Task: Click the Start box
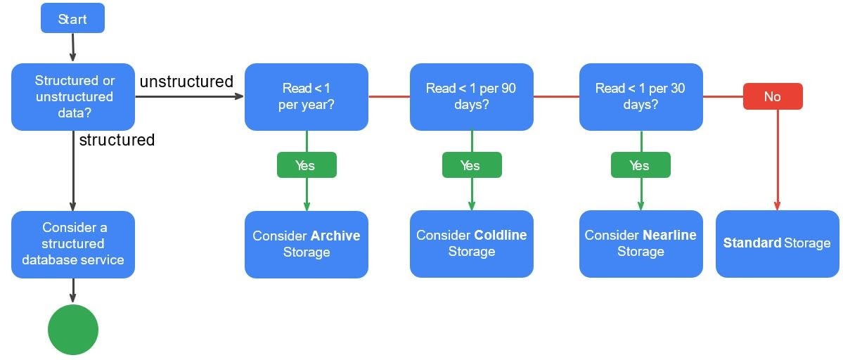(72, 18)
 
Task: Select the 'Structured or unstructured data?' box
(73, 97)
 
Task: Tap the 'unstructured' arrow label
(186, 82)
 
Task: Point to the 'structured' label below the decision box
(117, 140)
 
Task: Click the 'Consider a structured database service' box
(73, 244)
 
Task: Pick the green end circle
(73, 329)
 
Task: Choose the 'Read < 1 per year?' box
(306, 97)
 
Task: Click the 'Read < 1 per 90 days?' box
(471, 97)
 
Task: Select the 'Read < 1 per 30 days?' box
(641, 97)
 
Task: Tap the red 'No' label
(772, 97)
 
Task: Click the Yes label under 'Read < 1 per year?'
(306, 165)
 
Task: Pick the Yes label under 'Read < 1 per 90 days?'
(471, 165)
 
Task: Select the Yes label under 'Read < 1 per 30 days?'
(640, 165)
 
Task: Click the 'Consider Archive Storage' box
(306, 244)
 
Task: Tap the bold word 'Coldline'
(500, 235)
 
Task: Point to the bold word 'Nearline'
(669, 235)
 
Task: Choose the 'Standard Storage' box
(777, 243)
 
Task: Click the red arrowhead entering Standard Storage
(777, 206)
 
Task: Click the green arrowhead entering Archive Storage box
(307, 207)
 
